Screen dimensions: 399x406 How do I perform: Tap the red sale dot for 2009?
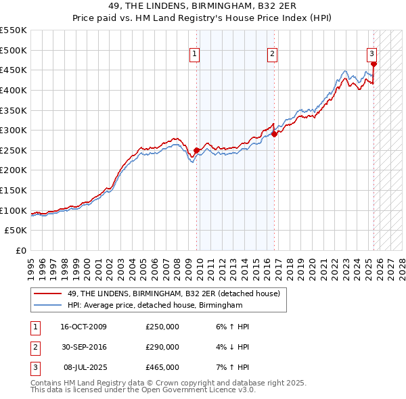click(196, 150)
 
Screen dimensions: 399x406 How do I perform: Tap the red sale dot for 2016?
click(275, 134)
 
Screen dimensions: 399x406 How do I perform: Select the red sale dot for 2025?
click(374, 64)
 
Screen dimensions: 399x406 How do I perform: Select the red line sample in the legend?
click(47, 293)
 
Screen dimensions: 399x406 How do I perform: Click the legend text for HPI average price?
click(154, 305)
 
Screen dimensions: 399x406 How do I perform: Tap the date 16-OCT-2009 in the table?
click(83, 327)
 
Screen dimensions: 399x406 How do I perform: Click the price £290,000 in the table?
click(162, 347)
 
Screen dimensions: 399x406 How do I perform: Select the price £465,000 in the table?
click(162, 367)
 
